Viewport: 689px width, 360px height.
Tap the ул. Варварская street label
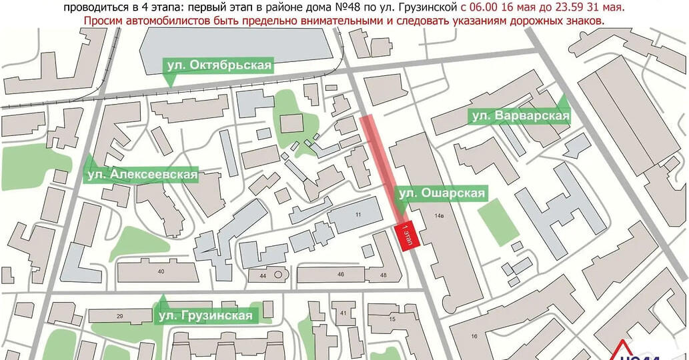[x=520, y=116]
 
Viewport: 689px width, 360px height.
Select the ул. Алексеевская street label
[x=142, y=175]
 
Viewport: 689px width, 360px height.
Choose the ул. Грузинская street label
[x=205, y=315]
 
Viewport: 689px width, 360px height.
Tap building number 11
[x=358, y=214]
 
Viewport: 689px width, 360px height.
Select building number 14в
[x=438, y=216]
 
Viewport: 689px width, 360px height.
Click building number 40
[x=161, y=271]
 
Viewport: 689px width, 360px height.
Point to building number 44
[x=263, y=275]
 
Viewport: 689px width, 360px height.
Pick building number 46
[x=341, y=274]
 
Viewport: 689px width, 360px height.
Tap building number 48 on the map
[x=382, y=275]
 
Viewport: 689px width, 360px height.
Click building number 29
[x=120, y=315]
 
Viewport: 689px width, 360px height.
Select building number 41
[x=343, y=313]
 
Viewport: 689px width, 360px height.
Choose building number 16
[x=474, y=336]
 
